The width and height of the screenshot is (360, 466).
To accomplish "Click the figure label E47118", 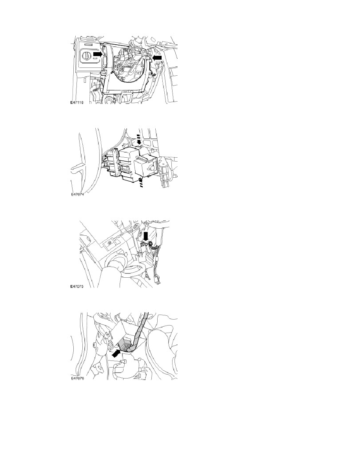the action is [76, 102].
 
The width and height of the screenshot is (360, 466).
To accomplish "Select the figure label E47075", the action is [76, 287].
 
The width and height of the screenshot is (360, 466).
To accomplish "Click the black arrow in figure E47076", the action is [117, 353].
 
